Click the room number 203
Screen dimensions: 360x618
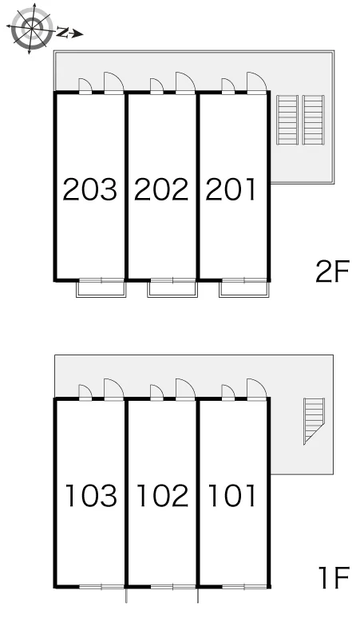click(x=90, y=189)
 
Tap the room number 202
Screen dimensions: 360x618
click(x=161, y=189)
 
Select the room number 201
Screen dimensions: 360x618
click(x=231, y=189)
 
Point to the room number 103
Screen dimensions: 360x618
click(x=91, y=495)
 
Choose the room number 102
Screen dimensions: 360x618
click(x=163, y=495)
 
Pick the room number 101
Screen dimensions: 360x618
click(x=232, y=495)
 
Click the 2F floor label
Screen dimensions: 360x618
click(x=332, y=271)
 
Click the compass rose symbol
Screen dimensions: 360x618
click(x=31, y=28)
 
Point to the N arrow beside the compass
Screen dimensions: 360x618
click(x=69, y=33)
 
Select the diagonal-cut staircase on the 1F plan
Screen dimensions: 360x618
click(x=314, y=421)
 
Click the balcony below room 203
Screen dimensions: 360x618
click(x=101, y=289)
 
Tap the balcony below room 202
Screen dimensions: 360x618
click(x=172, y=289)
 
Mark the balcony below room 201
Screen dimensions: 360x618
click(x=244, y=289)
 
